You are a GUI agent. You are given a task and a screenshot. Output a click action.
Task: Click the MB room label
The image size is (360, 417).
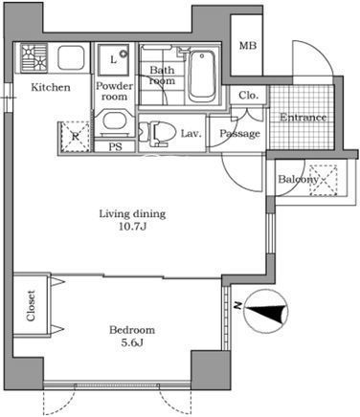(248, 46)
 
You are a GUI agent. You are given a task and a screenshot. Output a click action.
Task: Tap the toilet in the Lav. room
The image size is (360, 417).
(158, 132)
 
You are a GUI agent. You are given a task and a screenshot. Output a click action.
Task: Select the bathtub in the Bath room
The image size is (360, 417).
(202, 76)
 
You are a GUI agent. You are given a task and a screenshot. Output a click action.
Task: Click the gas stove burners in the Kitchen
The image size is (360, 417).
(34, 58)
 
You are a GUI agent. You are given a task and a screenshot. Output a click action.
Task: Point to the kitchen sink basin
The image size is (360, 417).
(71, 58)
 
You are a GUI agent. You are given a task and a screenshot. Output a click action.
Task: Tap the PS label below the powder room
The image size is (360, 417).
(115, 146)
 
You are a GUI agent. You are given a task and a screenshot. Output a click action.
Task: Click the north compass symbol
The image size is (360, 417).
(266, 311)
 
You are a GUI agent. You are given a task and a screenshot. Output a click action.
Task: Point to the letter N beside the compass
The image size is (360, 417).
(236, 306)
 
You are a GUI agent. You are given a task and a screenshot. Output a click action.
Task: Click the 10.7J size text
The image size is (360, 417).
(132, 227)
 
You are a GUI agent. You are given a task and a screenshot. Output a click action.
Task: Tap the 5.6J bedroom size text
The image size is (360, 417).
(132, 342)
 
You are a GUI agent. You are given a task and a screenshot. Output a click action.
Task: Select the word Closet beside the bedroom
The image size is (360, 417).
(31, 305)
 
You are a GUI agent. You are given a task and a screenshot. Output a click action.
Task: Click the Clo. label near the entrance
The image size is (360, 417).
(248, 96)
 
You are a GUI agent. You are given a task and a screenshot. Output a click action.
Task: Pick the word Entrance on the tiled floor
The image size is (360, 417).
(303, 118)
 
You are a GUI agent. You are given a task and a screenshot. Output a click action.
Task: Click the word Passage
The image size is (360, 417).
(239, 134)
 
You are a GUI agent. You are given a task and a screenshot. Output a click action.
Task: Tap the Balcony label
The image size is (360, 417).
(298, 179)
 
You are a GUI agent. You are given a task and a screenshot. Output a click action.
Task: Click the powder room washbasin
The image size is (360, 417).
(114, 121)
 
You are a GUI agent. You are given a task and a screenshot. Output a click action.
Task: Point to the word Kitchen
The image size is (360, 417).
(51, 87)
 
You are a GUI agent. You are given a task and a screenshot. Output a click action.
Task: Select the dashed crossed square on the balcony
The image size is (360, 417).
(324, 180)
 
